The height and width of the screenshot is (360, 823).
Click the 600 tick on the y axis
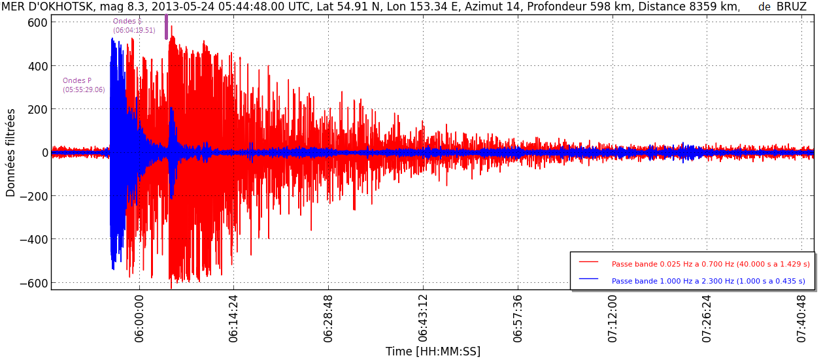pyautogui.click(x=38, y=22)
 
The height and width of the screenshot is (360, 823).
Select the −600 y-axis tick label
pyautogui.click(x=33, y=283)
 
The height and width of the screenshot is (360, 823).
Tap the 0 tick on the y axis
pyautogui.click(x=44, y=153)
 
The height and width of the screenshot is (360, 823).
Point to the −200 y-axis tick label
pyautogui.click(x=33, y=196)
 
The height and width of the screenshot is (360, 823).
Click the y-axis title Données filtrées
pyautogui.click(x=11, y=152)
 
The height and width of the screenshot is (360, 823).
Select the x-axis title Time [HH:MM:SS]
pyautogui.click(x=433, y=352)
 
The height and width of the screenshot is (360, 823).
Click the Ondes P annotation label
pyautogui.click(x=77, y=81)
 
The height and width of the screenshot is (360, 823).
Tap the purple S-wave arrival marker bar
pyautogui.click(x=166, y=27)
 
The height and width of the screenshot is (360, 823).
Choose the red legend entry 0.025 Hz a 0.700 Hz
pyautogui.click(x=710, y=264)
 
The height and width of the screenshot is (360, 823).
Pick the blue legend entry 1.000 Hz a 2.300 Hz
pyautogui.click(x=708, y=281)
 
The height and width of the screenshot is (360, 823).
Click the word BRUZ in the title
pyautogui.click(x=791, y=7)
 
